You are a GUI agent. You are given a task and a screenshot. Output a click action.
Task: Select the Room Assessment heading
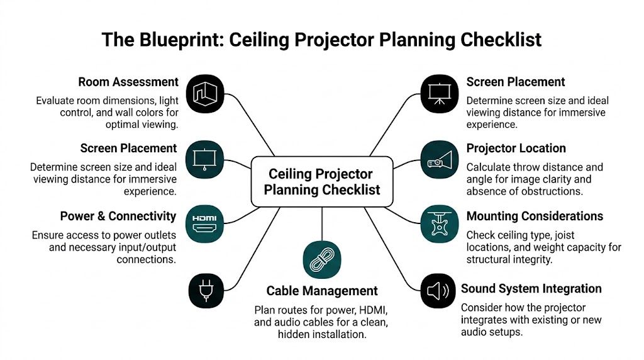tap(128, 82)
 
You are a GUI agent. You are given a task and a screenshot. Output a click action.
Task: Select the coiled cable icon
tap(321, 259)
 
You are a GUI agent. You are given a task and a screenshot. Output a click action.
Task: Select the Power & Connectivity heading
tap(118, 217)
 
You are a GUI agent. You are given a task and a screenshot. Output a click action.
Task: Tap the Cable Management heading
tap(322, 291)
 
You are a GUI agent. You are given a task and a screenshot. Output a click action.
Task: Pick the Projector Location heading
tap(516, 149)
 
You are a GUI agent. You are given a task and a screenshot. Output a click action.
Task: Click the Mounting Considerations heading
tap(535, 217)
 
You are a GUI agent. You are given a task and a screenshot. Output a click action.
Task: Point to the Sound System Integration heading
tap(531, 289)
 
